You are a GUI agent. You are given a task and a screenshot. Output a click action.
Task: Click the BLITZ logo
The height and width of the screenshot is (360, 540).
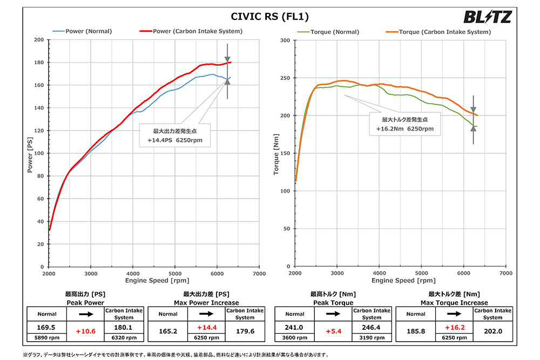[x=487, y=17]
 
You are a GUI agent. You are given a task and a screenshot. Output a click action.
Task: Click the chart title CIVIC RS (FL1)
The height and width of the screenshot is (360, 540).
[x=270, y=16]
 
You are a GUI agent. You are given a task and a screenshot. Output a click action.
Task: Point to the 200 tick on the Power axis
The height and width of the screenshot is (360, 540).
[x=38, y=40]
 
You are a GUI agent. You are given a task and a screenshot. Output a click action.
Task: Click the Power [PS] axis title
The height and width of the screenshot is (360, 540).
[x=30, y=153]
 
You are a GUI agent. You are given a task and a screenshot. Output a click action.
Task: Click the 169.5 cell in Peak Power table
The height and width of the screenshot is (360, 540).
[x=46, y=327]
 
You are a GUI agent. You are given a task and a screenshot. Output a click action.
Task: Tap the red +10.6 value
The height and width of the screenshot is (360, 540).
[x=85, y=331]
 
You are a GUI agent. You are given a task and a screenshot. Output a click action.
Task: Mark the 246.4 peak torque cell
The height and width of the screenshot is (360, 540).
[x=372, y=327]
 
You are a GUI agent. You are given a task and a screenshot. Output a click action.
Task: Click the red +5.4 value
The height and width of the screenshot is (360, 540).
[x=333, y=331]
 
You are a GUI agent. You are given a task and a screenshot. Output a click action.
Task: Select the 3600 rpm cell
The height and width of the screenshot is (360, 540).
[x=295, y=338]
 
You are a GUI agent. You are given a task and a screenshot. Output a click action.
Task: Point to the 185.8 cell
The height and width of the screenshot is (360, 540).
[x=416, y=331]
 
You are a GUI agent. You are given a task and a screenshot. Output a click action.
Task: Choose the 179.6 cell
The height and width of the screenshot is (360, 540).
[x=245, y=331]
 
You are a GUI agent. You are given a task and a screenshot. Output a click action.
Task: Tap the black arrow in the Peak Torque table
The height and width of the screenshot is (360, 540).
[x=333, y=314]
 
